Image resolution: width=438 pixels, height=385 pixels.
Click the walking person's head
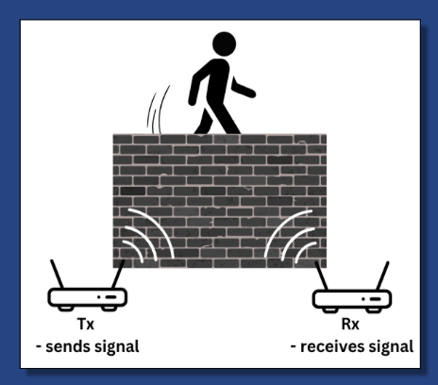coord(224,44)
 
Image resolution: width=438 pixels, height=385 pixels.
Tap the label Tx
coord(86,324)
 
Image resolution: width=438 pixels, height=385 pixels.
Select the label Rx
coord(350,324)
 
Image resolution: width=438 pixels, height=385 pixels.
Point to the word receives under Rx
coord(333,346)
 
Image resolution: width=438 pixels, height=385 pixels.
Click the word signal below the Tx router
coord(117,347)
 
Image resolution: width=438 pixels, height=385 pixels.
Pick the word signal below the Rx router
coord(391,347)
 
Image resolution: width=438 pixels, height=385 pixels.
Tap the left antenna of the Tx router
coord(57,274)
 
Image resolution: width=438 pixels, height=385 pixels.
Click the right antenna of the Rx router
coord(382,276)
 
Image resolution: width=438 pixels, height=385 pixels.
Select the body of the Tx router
coord(88,297)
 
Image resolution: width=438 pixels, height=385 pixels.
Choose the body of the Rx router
coord(352,299)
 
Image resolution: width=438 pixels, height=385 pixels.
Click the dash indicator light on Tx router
coord(110,297)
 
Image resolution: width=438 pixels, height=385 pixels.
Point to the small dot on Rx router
coord(363,299)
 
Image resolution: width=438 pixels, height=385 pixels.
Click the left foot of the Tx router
coord(66,309)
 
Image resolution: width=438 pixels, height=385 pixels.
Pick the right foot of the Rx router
coord(374,310)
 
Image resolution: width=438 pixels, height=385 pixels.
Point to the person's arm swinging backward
coord(197,85)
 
